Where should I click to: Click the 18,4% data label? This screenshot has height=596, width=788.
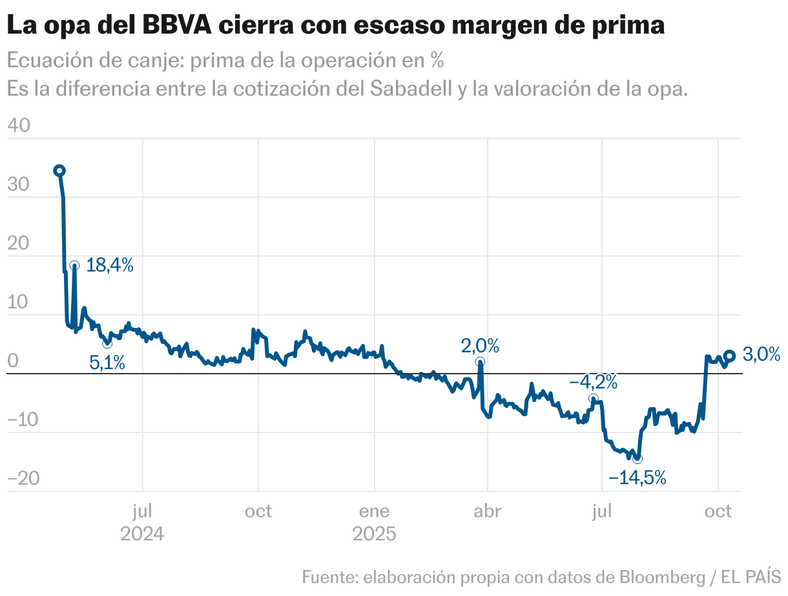pyautogui.click(x=110, y=265)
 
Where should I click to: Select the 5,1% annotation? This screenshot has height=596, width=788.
pyautogui.click(x=107, y=363)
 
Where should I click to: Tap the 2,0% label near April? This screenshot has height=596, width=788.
pyautogui.click(x=480, y=346)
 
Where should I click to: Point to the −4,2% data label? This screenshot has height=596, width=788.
pyautogui.click(x=593, y=383)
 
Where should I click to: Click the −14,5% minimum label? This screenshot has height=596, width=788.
pyautogui.click(x=637, y=478)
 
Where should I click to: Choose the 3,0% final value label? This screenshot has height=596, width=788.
pyautogui.click(x=761, y=354)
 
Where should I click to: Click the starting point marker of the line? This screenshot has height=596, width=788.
pyautogui.click(x=59, y=171)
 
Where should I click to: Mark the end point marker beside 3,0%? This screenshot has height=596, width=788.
pyautogui.click(x=729, y=356)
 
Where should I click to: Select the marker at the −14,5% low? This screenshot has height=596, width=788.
pyautogui.click(x=638, y=459)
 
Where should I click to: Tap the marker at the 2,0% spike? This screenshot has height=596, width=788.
pyautogui.click(x=479, y=362)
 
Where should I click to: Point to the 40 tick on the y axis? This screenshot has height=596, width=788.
pyautogui.click(x=19, y=126)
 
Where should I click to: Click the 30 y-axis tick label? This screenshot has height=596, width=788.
pyautogui.click(x=19, y=185)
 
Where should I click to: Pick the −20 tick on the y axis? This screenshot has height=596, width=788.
pyautogui.click(x=23, y=479)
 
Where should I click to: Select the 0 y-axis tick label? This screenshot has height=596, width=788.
pyautogui.click(x=13, y=361)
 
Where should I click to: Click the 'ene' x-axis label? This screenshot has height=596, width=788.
pyautogui.click(x=374, y=511)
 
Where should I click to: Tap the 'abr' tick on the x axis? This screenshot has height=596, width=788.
pyautogui.click(x=488, y=511)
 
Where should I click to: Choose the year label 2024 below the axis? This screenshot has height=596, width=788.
pyautogui.click(x=142, y=535)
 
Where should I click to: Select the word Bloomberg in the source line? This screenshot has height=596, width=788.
pyautogui.click(x=661, y=576)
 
